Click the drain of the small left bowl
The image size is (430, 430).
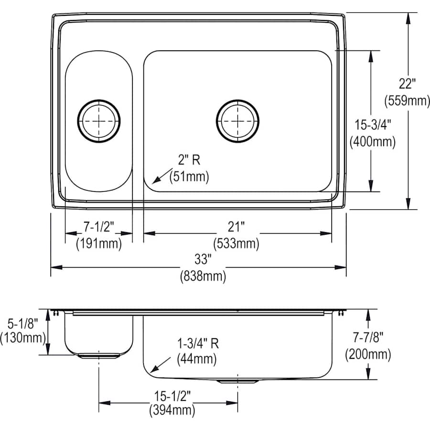pos(99,121)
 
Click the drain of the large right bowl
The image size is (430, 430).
pos(237,121)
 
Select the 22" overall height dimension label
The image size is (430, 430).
pos(408,84)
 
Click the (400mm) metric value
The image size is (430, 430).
pos(373,142)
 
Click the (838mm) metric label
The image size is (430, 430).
pos(203,276)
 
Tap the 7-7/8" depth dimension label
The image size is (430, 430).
pos(368,338)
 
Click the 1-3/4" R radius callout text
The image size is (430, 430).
pos(198,343)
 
